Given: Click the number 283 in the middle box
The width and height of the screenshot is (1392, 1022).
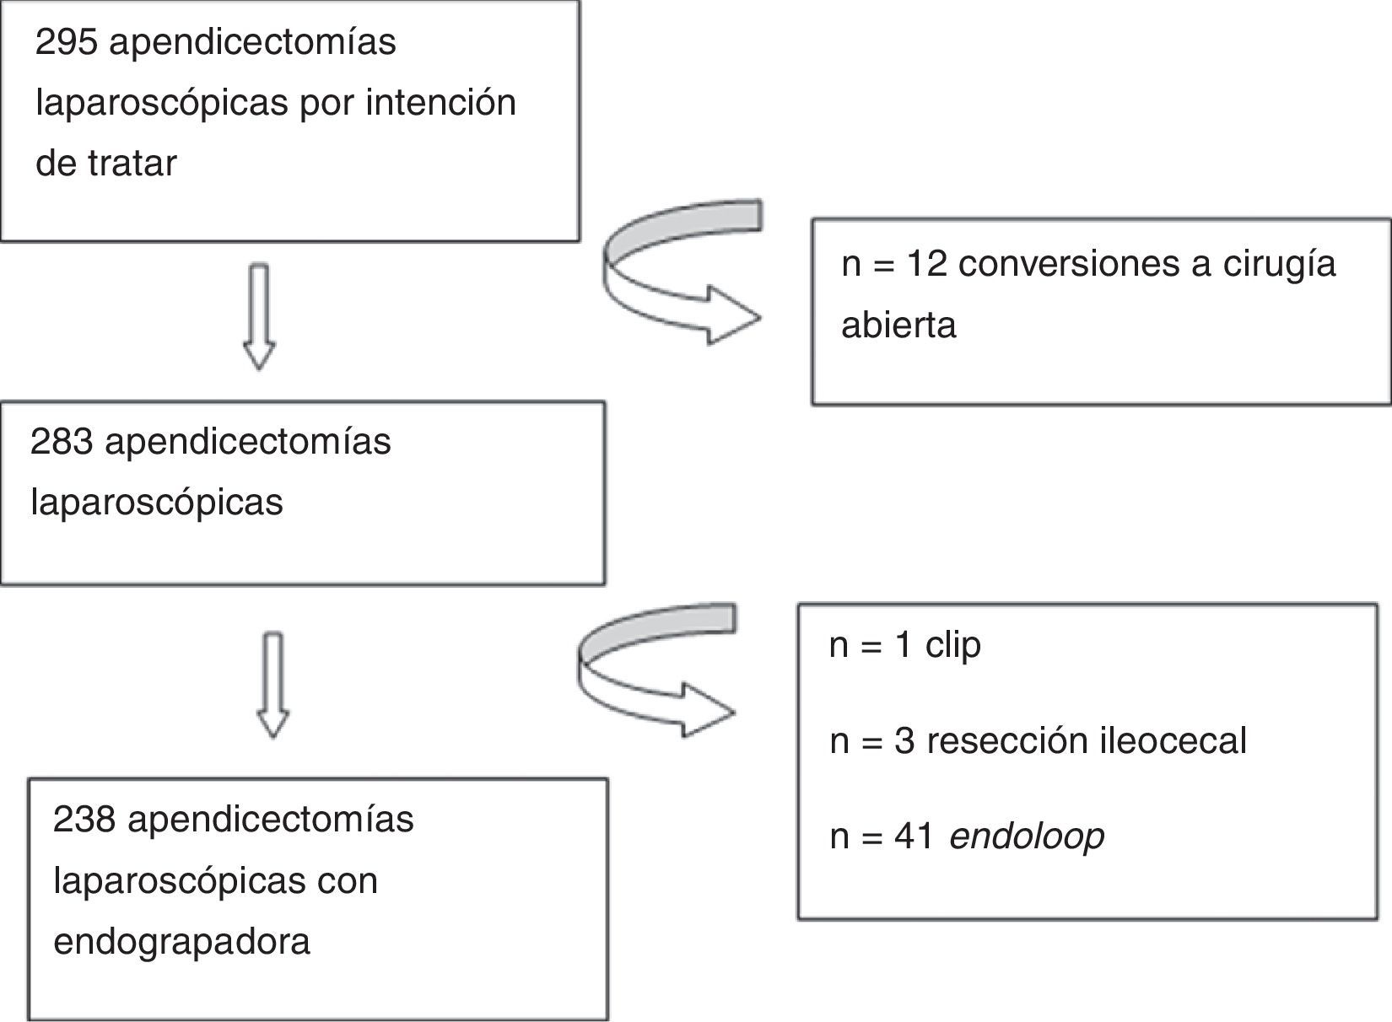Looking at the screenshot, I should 61,441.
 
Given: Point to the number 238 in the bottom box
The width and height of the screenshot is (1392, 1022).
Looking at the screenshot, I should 84,819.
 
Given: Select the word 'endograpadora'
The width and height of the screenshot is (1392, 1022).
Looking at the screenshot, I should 181,941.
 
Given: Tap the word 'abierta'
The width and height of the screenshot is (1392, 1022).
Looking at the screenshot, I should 898,325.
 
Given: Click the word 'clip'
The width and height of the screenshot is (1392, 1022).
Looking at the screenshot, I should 953,646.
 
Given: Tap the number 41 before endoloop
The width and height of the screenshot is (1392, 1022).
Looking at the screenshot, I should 914,836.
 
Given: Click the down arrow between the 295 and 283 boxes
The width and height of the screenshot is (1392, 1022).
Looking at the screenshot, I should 259,316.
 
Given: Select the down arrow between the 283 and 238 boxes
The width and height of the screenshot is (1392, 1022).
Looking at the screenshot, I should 272,686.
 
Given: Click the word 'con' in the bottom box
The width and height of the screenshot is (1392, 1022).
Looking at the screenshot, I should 348,880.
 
